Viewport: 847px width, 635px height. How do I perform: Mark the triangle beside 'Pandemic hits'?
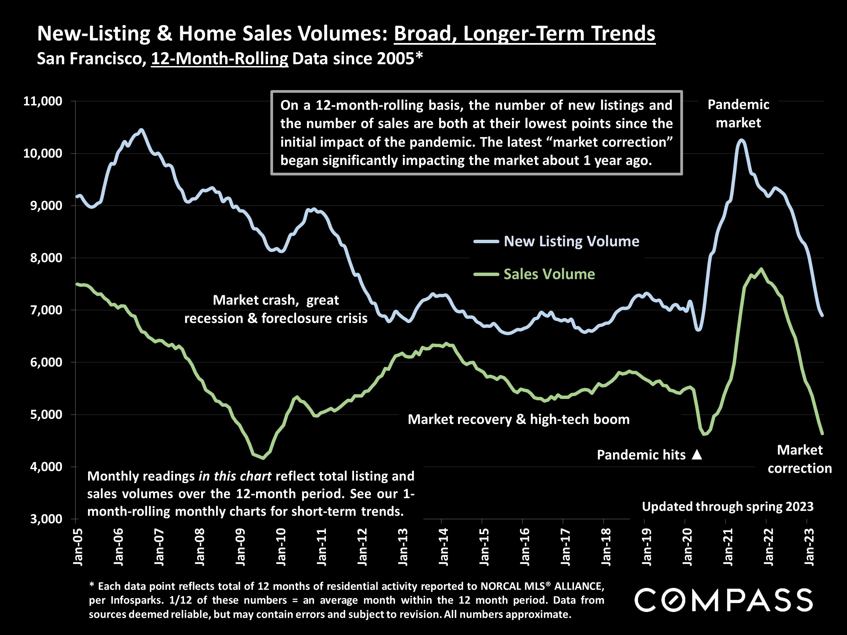click(x=697, y=455)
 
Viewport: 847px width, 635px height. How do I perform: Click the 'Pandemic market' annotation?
click(x=738, y=113)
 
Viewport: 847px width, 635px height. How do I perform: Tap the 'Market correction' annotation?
click(x=800, y=459)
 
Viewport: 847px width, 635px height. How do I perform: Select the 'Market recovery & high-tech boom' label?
click(x=518, y=420)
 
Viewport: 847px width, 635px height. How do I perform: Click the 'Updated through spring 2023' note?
click(x=727, y=506)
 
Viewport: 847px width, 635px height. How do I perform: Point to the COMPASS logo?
click(x=723, y=600)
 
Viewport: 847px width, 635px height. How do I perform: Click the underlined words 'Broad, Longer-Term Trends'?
click(x=524, y=34)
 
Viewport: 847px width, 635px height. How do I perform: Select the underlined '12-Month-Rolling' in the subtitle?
click(x=220, y=59)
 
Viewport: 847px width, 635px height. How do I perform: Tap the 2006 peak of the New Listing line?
click(x=141, y=130)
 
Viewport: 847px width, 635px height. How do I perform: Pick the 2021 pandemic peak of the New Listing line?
click(x=741, y=141)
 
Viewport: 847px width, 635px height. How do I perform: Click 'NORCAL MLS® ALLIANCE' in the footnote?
click(x=542, y=586)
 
